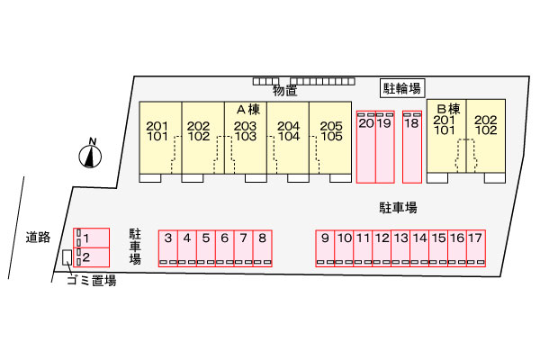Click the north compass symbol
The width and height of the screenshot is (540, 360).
tap(90, 154)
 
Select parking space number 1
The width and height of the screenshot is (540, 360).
tap(91, 238)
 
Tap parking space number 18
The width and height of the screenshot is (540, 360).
tap(412, 147)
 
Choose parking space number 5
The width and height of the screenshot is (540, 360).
tap(206, 248)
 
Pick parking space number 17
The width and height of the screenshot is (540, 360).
tap(476, 248)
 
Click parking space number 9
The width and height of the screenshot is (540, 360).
tap(325, 248)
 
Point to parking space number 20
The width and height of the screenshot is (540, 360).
tap(366, 147)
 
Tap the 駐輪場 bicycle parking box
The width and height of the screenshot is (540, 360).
tap(402, 88)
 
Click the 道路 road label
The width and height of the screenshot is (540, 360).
tap(38, 238)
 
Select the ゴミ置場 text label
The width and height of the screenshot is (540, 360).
tap(92, 281)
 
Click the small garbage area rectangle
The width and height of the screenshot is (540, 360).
tap(67, 257)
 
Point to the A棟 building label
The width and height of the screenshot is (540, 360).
tap(248, 110)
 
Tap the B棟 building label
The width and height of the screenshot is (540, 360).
tap(448, 109)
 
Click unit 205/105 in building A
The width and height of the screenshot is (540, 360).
tap(330, 137)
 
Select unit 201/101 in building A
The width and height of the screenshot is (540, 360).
tap(160, 137)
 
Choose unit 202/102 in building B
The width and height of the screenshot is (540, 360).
tap(486, 136)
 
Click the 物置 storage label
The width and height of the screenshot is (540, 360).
tap(284, 91)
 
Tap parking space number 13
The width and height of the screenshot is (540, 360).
tap(400, 248)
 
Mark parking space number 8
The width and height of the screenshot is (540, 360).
tap(263, 248)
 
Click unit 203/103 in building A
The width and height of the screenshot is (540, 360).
tap(246, 137)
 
